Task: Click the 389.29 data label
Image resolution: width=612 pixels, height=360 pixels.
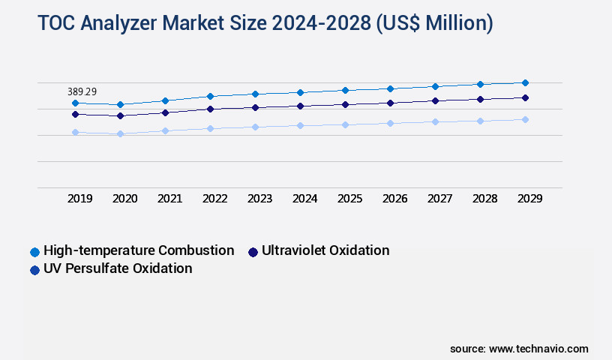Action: click(82, 91)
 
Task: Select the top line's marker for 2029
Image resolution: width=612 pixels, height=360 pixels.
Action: click(525, 82)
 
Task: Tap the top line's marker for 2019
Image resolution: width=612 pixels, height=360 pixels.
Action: click(75, 103)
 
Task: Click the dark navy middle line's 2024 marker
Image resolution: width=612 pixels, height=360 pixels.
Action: click(300, 106)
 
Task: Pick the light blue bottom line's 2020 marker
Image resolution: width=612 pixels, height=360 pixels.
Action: click(120, 133)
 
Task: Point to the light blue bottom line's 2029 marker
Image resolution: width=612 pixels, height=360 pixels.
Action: click(525, 119)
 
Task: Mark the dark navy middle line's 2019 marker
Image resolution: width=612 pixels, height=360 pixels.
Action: click(75, 114)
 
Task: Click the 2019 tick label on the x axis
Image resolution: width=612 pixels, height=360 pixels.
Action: click(80, 199)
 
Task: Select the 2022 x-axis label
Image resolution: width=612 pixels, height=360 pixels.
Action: click(215, 199)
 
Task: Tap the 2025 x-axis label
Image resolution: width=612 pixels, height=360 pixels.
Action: click(350, 199)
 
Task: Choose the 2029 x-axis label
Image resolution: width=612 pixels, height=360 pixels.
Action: click(530, 199)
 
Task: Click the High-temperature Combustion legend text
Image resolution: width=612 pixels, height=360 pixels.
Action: click(139, 250)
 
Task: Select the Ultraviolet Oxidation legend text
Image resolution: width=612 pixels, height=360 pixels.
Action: click(325, 250)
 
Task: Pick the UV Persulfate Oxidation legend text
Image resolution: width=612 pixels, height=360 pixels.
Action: click(118, 268)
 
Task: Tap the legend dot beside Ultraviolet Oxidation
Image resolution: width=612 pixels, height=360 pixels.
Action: click(253, 251)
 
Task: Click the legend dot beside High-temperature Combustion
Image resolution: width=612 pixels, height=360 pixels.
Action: click(34, 251)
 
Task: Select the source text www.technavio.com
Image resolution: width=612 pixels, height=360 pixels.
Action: click(538, 349)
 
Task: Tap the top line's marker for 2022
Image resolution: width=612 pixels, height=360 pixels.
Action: click(210, 96)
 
